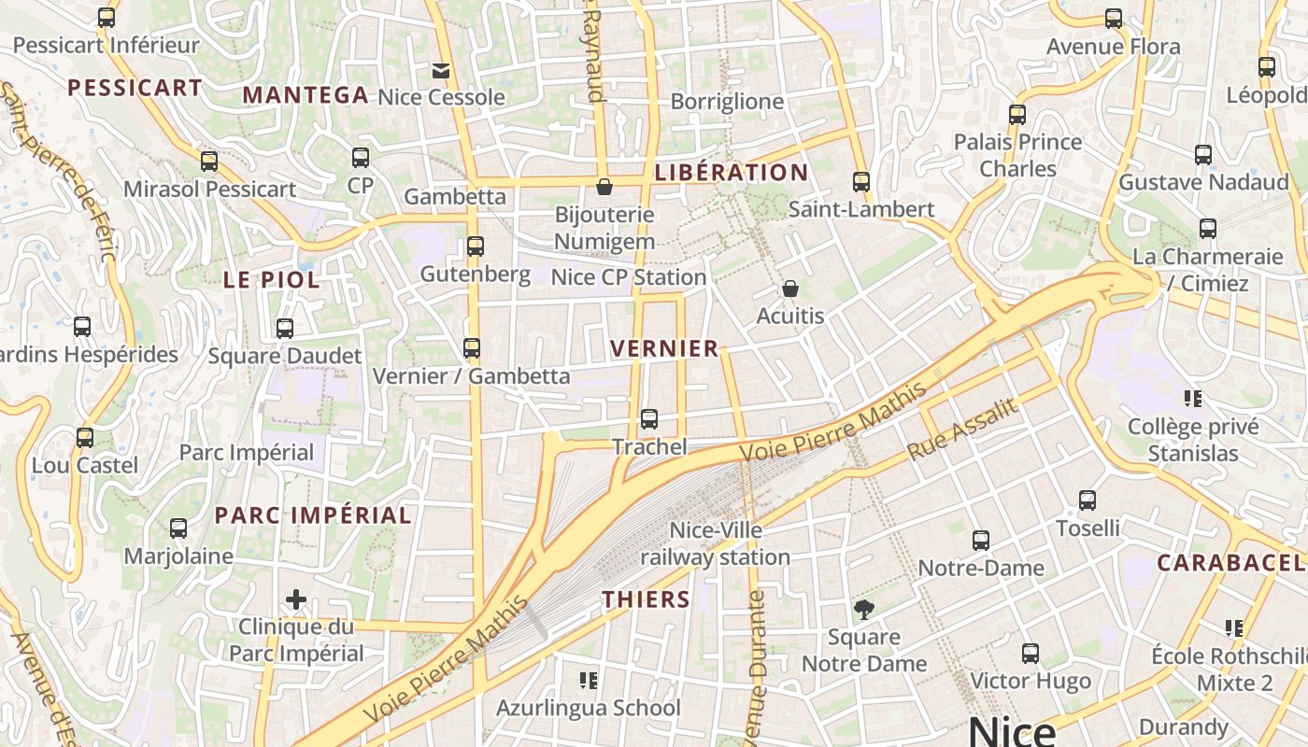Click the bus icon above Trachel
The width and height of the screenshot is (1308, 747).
click(649, 419)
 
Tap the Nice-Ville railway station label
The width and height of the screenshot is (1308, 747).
click(716, 544)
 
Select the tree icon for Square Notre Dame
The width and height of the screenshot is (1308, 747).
click(864, 611)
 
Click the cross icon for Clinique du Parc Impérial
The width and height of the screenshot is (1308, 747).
click(296, 599)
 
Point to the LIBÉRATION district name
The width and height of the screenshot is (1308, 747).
click(732, 173)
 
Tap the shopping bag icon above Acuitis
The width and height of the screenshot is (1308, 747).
click(790, 289)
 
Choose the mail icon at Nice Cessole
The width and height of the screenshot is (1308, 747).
click(440, 70)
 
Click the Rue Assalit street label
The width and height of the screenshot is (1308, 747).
click(962, 429)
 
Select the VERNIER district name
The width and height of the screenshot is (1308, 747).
click(664, 349)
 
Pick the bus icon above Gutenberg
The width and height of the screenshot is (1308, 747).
click(476, 247)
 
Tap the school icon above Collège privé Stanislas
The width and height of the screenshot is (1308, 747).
click(1192, 399)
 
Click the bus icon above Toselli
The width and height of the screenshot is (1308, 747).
click(1088, 500)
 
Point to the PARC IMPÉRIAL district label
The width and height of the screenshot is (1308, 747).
click(313, 515)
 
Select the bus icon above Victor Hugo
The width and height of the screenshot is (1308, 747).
click(1031, 654)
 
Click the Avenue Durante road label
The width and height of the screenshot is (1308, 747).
click(757, 663)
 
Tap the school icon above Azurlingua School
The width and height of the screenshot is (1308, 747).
click(589, 680)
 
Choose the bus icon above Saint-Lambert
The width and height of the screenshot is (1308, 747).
click(861, 182)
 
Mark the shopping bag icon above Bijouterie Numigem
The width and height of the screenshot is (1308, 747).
click(604, 187)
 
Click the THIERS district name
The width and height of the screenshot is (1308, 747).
click(647, 599)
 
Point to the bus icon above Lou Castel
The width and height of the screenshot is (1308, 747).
click(85, 437)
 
